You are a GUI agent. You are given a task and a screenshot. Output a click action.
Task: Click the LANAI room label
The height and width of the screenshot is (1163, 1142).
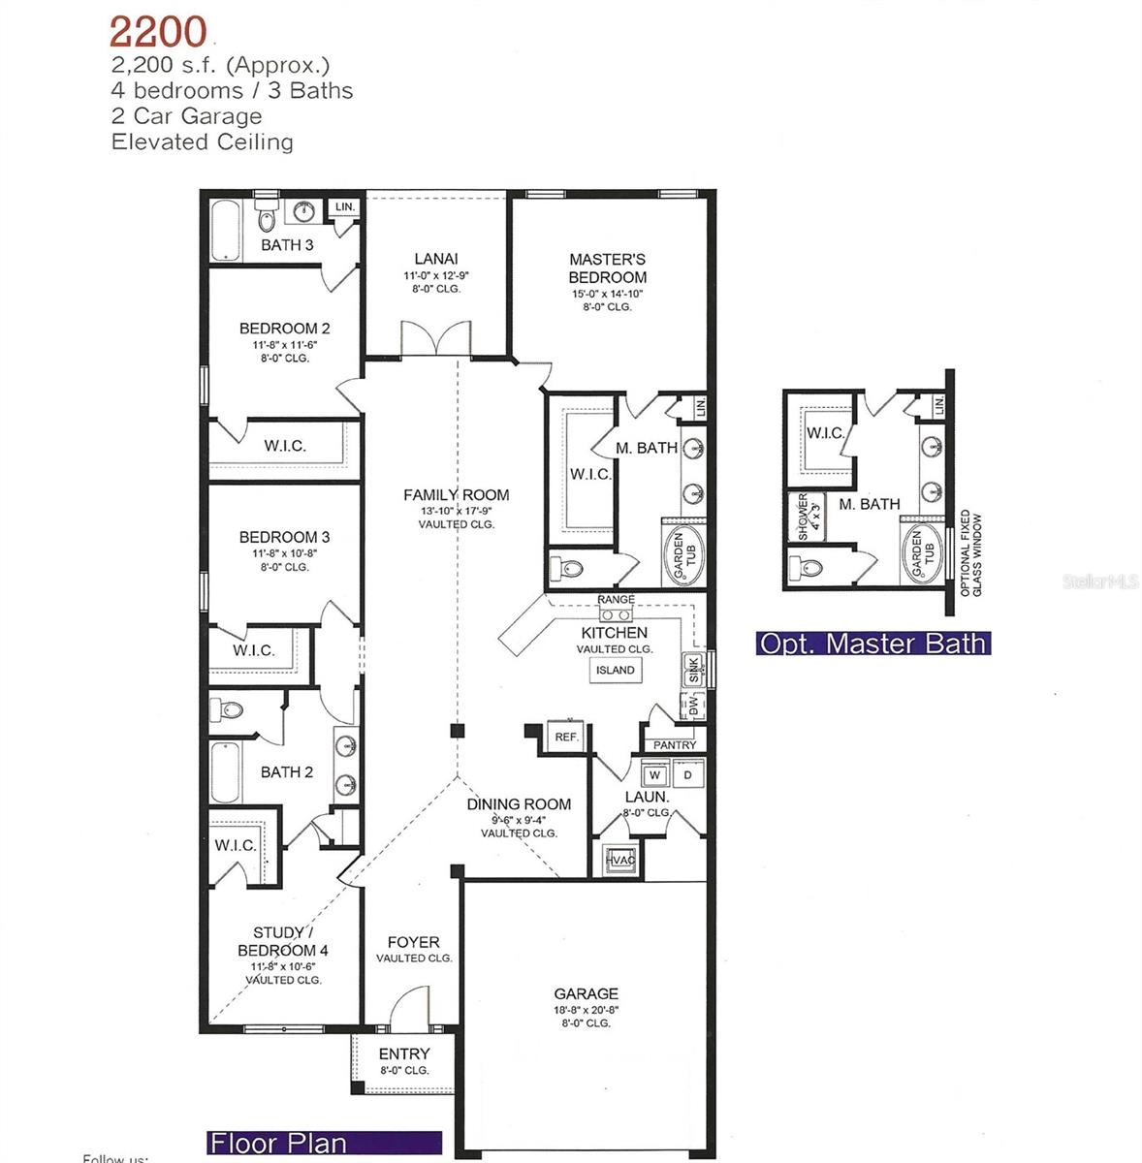[436, 259]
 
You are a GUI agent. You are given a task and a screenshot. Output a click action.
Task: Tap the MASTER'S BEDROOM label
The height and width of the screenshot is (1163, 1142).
[608, 268]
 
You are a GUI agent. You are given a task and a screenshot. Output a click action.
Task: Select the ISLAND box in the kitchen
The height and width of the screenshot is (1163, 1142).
[616, 670]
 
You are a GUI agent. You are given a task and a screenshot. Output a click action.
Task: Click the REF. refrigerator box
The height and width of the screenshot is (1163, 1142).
[566, 737]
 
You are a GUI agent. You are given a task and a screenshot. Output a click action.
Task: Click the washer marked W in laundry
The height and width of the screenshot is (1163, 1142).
[655, 775]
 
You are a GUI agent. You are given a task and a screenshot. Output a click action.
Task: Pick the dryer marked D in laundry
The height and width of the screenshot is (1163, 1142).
[687, 775]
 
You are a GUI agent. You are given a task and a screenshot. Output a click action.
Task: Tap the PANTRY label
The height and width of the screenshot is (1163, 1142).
[675, 744]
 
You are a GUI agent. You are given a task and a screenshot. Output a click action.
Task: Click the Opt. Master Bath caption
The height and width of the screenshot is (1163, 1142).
[872, 644]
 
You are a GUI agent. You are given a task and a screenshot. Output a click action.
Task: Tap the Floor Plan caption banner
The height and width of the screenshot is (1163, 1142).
[324, 1143]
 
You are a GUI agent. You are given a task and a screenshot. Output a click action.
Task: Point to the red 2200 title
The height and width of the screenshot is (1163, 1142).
[157, 32]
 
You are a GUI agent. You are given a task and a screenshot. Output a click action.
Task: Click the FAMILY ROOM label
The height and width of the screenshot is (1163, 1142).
[457, 494]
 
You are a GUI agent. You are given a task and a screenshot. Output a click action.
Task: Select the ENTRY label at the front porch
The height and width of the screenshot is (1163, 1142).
[404, 1053]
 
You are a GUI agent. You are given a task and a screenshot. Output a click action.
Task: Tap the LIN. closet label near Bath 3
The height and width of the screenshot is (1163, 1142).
[344, 207]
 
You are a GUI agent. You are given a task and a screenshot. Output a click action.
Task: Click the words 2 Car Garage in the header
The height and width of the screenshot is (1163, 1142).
[187, 116]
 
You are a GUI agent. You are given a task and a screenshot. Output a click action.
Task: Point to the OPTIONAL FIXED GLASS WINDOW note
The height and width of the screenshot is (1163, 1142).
[970, 553]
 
